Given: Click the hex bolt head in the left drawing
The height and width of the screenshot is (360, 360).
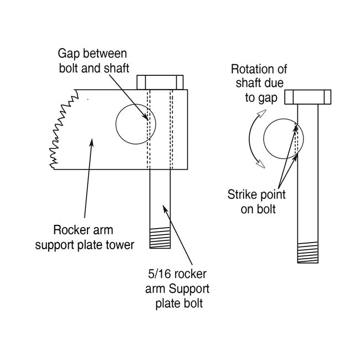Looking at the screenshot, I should click(160, 81).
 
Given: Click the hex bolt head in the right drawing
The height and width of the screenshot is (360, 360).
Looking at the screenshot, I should click(308, 97).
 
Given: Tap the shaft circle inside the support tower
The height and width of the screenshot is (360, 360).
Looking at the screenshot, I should click(136, 125).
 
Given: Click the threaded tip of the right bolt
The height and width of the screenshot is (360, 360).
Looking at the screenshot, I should click(308, 253).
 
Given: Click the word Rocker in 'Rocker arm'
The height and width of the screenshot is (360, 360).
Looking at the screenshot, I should click(70, 230).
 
